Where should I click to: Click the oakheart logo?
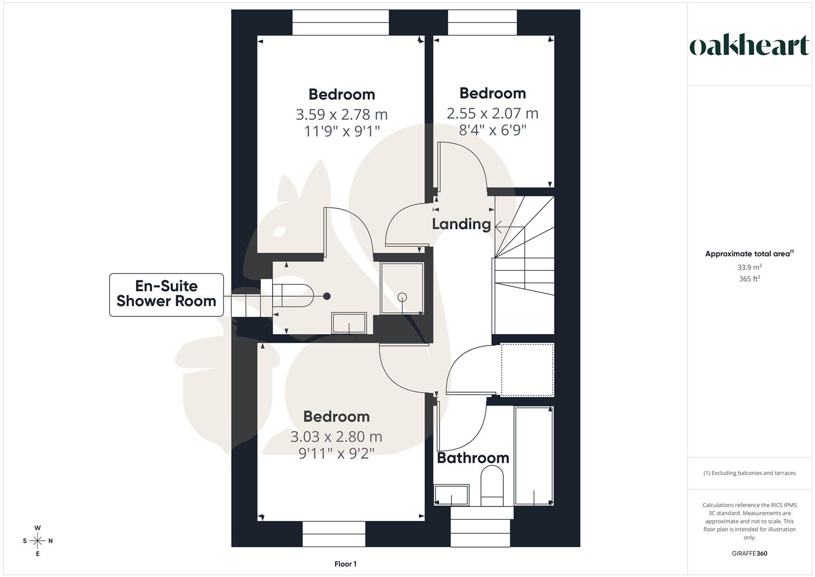point(749,46)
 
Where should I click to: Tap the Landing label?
point(461,224)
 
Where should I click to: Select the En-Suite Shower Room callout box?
point(167,294)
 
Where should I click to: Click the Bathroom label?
point(472,458)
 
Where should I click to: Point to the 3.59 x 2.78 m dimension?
point(342,114)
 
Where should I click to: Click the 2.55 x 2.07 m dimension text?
point(492,113)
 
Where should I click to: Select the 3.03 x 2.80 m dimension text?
point(336,436)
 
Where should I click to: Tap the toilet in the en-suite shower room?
point(292,295)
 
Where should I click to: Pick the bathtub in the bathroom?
point(533,455)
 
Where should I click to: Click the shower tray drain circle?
point(402,298)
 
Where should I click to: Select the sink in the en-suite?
point(349,323)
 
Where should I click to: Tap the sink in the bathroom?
point(452,494)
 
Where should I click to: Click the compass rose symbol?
point(37,541)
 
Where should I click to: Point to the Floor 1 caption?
point(345,564)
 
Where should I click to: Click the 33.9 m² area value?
point(749,267)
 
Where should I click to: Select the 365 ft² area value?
point(749,279)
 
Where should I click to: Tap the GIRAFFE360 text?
point(749,553)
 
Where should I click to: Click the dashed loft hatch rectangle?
point(527,370)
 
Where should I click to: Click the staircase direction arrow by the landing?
point(500,227)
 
